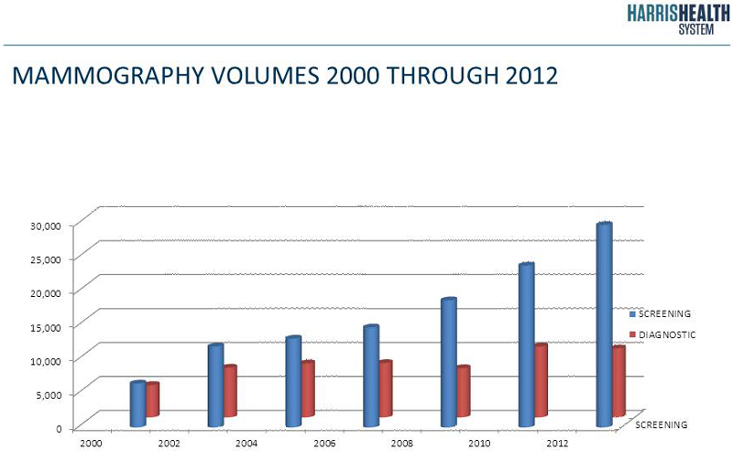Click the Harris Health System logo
coord(678,18)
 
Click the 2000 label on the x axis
coord(90,443)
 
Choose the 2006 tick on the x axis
coord(323,443)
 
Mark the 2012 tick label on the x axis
coord(557,443)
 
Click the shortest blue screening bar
coord(137,404)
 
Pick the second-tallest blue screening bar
coord(526,345)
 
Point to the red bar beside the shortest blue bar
coord(152,400)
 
